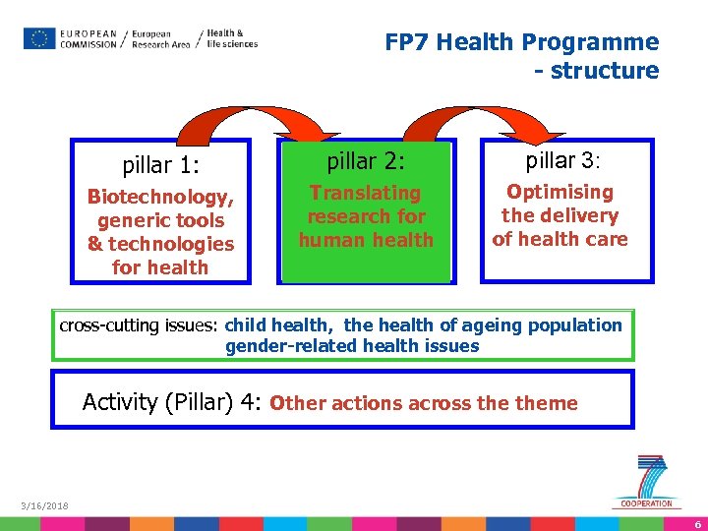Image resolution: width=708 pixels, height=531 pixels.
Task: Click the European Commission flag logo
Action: tap(40, 38)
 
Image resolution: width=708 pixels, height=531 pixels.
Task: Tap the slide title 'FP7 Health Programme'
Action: tap(521, 42)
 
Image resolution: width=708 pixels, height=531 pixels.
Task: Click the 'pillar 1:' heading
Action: tap(160, 165)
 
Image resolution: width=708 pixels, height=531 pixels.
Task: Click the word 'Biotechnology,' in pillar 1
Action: tap(160, 197)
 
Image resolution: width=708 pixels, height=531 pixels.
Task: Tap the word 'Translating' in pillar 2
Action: tap(366, 193)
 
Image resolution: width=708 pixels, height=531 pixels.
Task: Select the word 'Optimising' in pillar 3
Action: tap(560, 192)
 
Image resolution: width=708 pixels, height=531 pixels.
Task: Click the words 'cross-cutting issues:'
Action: tap(141, 325)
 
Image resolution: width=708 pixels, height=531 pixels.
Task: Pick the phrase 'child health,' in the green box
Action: tap(282, 325)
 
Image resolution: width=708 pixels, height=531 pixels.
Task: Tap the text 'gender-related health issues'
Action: tap(352, 345)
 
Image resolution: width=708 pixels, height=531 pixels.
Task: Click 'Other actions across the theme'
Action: tap(423, 403)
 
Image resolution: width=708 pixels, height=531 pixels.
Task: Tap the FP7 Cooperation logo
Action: tap(648, 482)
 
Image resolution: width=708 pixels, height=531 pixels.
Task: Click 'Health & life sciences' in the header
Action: tap(231, 38)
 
